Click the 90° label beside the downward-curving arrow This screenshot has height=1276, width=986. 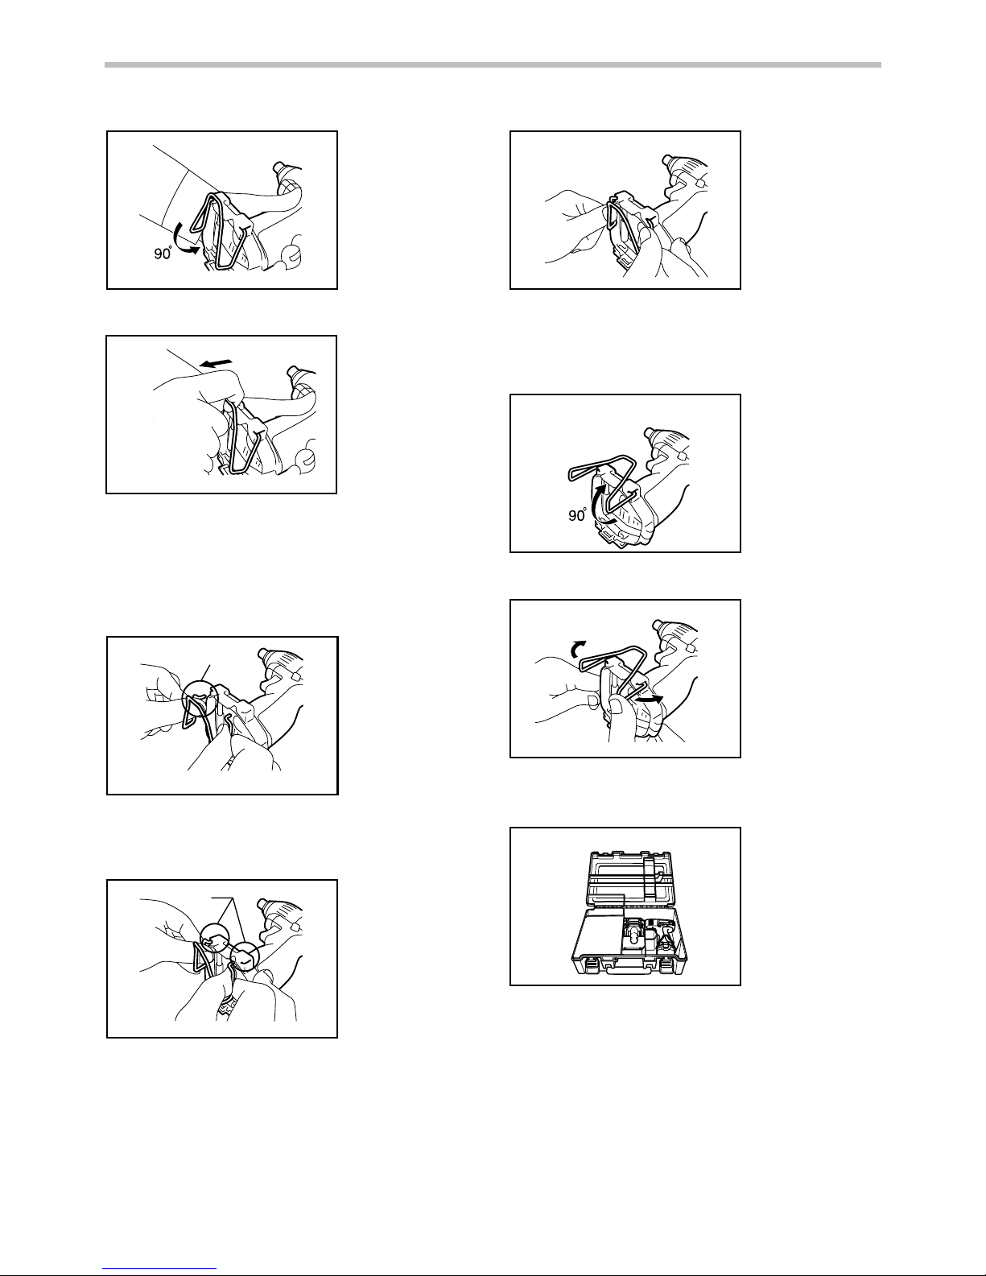coord(163,254)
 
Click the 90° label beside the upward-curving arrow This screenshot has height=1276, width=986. coord(578,515)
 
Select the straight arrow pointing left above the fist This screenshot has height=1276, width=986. coord(215,364)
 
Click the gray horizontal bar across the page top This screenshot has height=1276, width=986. coord(493,65)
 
